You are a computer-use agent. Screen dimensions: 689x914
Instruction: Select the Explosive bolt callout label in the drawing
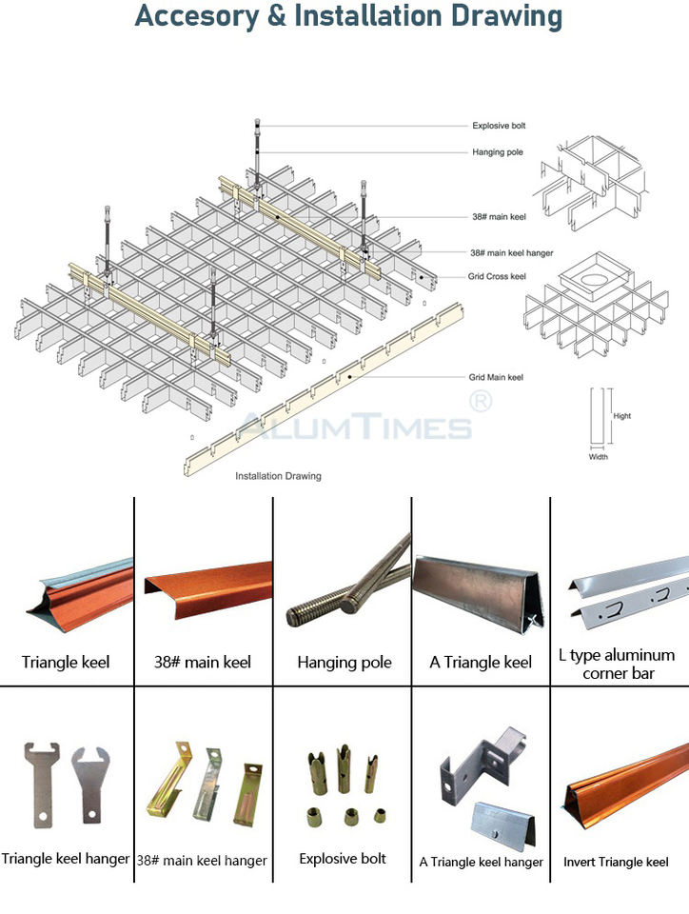point(499,126)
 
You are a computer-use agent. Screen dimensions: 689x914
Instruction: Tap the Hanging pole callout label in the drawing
point(498,152)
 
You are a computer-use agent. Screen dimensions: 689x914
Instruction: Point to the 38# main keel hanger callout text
point(512,253)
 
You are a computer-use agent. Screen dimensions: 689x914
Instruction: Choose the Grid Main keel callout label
point(496,378)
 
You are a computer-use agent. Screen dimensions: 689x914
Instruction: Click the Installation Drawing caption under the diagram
point(278,476)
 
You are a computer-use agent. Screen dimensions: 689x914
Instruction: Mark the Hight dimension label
point(621,416)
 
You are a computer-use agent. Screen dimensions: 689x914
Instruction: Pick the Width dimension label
point(598,456)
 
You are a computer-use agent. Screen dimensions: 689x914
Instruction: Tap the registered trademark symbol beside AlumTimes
point(482,403)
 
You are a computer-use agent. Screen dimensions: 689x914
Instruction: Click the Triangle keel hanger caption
point(66,859)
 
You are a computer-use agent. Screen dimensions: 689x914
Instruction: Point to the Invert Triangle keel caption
point(616,863)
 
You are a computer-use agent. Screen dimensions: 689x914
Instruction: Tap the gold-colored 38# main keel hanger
point(167,775)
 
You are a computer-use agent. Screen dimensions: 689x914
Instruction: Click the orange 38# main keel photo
point(207,581)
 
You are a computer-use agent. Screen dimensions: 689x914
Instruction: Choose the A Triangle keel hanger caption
point(482,863)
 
